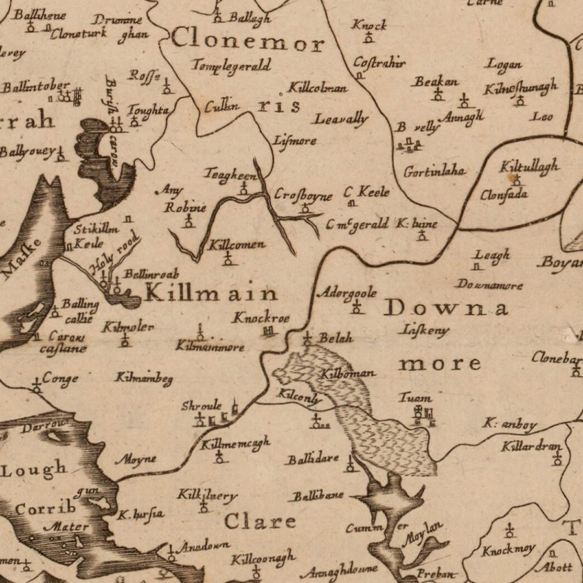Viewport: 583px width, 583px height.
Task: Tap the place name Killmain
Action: coord(211,293)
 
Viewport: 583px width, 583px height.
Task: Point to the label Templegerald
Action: coord(231,65)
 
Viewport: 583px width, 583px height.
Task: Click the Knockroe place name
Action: coord(262,318)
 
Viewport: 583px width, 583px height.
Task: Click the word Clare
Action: coord(260,521)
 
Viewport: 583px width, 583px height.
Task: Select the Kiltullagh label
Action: coord(529,166)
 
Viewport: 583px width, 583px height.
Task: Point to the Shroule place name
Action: coord(201,406)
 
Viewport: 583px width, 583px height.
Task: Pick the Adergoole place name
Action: coord(347,293)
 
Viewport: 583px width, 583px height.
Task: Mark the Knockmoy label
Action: coord(508,550)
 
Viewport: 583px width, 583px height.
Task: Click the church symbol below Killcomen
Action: coord(227,259)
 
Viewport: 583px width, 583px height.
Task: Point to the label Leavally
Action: coord(341,119)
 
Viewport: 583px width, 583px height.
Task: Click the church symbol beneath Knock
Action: coord(369,38)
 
